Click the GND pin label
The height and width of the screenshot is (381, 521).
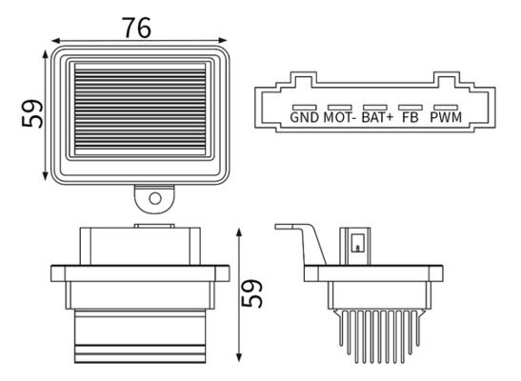(304, 117)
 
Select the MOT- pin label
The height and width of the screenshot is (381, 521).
(340, 117)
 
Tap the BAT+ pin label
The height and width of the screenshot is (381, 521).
(377, 117)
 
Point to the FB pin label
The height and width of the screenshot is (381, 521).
(411, 117)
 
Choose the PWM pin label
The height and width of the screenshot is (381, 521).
(446, 117)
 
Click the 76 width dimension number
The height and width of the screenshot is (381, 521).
(136, 28)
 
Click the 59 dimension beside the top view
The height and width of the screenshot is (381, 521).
(32, 113)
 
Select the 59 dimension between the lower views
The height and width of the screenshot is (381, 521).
(251, 293)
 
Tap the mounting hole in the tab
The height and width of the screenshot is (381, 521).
(155, 199)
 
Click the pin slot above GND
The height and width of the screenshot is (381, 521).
(304, 108)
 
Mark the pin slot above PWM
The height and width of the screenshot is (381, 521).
(446, 108)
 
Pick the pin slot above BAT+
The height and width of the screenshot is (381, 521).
(375, 108)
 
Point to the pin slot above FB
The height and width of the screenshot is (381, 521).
(411, 108)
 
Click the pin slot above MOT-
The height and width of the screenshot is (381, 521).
(340, 108)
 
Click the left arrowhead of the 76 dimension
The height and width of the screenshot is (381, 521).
(55, 41)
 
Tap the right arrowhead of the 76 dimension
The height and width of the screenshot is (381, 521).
(223, 41)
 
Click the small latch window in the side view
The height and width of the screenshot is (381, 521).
(358, 244)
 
